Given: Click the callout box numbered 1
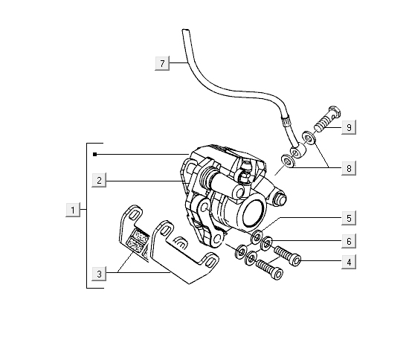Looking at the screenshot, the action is coord(73,210).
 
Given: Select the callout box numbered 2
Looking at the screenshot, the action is coord(99,180).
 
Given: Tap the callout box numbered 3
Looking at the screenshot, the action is coord(99,274).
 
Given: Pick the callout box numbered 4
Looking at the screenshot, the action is coord(349,262).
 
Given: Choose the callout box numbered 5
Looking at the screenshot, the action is coord(349,218).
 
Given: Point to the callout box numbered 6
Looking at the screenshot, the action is coord(349,241).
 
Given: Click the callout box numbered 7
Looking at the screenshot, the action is coord(162,63).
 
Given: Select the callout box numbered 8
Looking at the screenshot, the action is coord(349,168).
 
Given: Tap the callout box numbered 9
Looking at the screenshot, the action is coord(349,127).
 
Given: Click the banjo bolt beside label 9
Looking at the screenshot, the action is coord(327,119).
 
